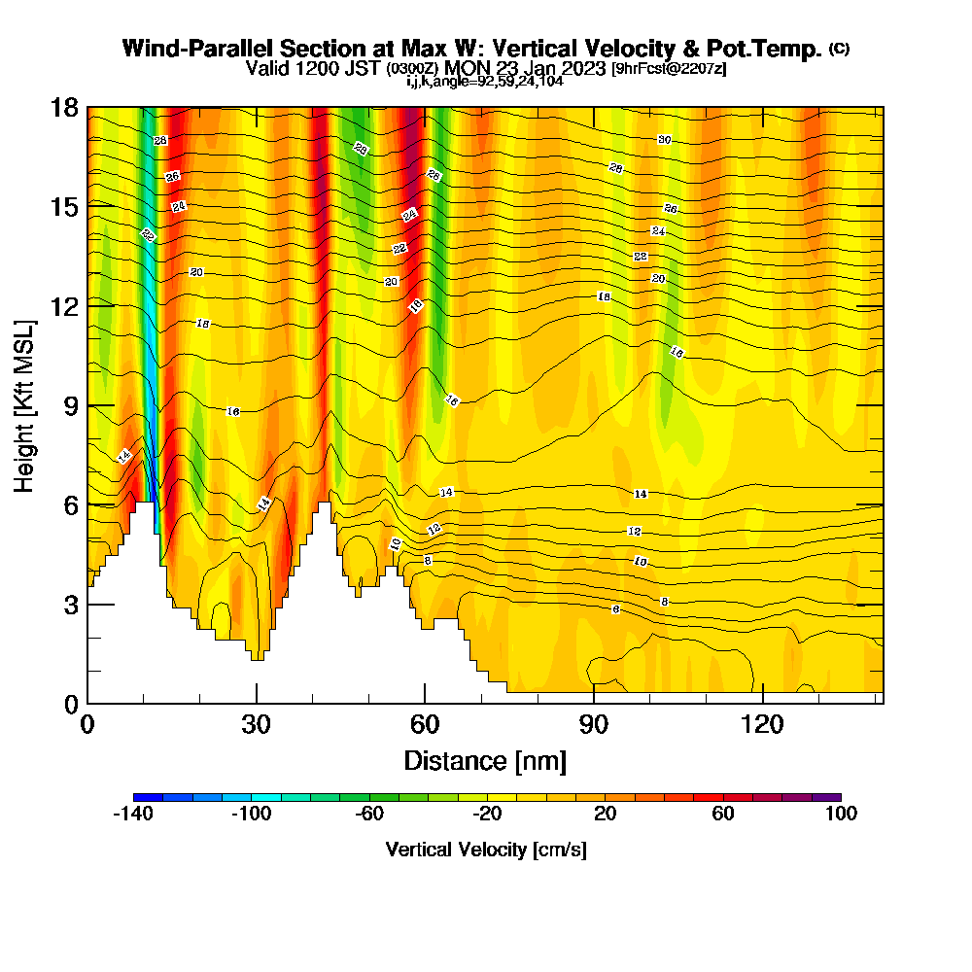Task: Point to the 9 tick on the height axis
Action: pos(87,405)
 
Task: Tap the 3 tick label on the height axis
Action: pos(69,605)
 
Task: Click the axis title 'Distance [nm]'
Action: pos(485,760)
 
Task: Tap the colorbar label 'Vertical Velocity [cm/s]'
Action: pos(486,850)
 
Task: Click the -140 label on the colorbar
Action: pos(133,815)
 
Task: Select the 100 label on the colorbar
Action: pos(841,815)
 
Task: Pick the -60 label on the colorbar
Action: pos(369,815)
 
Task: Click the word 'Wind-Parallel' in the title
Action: pos(197,49)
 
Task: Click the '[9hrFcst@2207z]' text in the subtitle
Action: pos(668,69)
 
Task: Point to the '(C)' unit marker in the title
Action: pos(839,49)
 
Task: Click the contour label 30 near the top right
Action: pos(665,140)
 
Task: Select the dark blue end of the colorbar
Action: pos(141,797)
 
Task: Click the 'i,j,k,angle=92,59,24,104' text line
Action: pos(485,82)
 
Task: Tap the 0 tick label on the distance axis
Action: pos(87,725)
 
